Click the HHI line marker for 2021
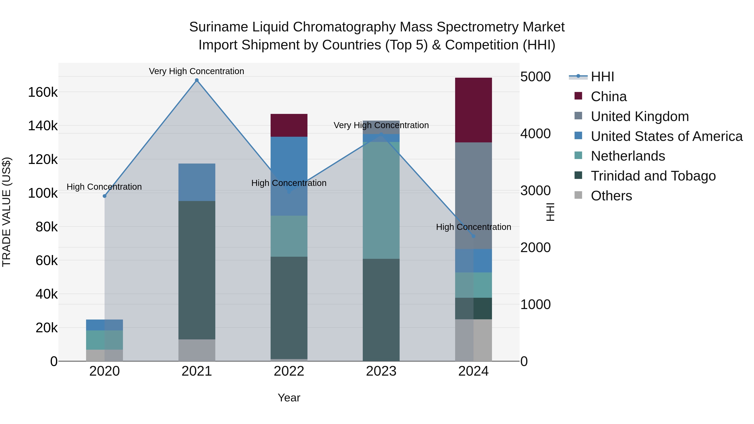coord(197,80)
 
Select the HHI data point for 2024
coord(474,236)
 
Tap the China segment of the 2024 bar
coord(473,110)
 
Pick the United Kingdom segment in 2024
coord(473,196)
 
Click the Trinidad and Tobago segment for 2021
coord(197,270)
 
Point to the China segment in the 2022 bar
coord(289,125)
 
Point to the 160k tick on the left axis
coord(43,93)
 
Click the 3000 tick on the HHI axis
coord(535,191)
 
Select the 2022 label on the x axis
coord(289,371)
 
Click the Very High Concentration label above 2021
coord(196,71)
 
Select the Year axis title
coord(289,398)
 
